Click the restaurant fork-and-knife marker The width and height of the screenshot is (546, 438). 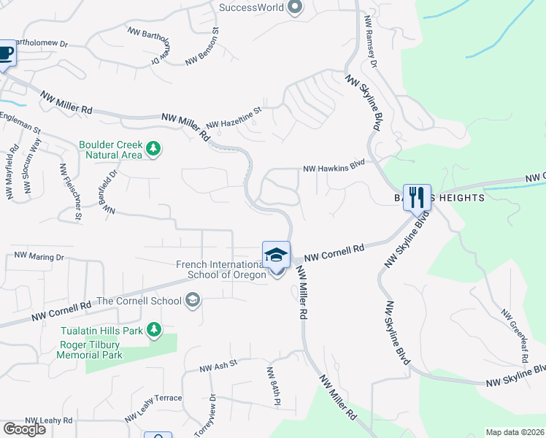417,196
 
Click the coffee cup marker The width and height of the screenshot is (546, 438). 6,53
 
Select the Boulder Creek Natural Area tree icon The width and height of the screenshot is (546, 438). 153,150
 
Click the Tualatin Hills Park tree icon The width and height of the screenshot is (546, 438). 153,330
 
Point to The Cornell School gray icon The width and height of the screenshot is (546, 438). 193,300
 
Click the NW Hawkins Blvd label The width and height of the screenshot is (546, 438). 334,167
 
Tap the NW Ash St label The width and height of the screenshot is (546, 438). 219,365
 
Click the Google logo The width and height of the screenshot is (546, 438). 24,429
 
